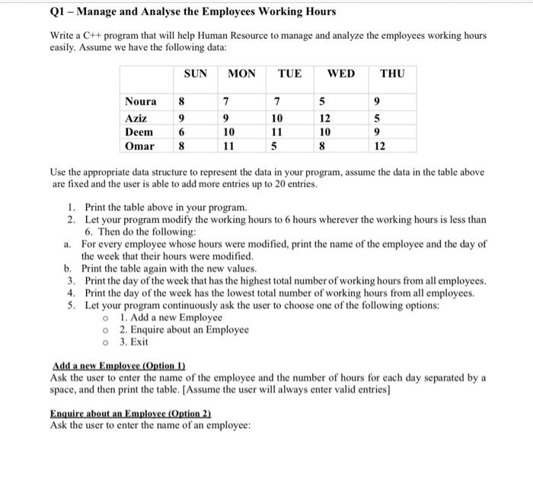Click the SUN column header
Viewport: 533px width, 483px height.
[196, 74]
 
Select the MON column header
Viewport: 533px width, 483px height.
[241, 74]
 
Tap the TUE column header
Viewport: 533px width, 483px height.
[289, 74]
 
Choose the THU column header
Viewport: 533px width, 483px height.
[392, 74]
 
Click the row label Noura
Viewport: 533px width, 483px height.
[141, 102]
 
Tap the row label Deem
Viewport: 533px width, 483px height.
[139, 132]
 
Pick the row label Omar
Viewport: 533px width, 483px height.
[139, 146]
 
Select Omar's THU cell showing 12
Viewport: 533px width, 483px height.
[379, 146]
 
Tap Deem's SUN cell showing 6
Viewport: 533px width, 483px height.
[181, 132]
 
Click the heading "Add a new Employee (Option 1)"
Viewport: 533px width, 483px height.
[119, 365]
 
